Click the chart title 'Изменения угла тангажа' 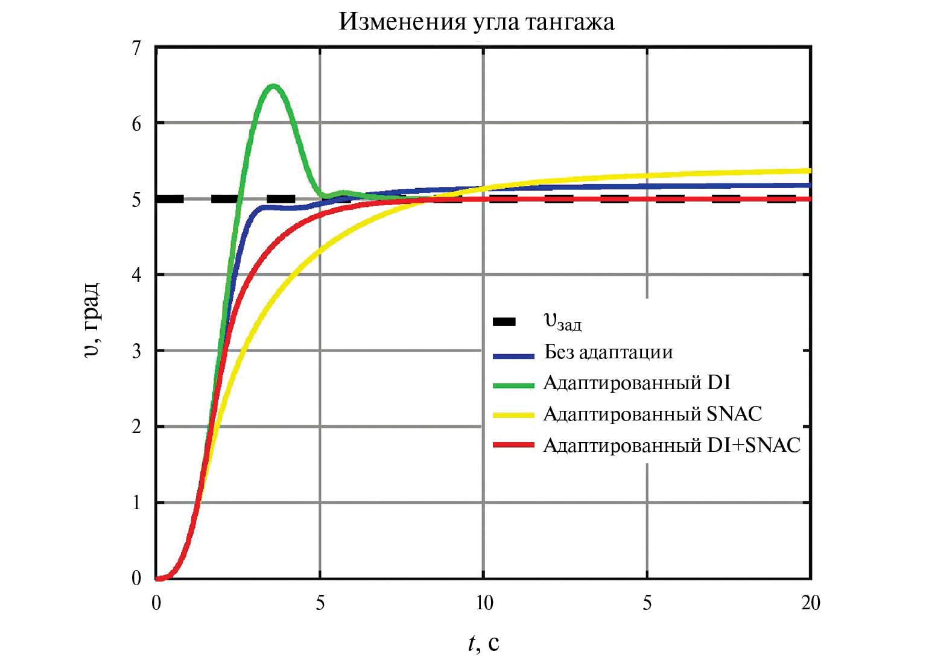pos(477,22)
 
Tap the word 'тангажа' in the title pos(569,22)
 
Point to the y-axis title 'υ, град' pos(91,320)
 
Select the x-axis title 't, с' pos(483,643)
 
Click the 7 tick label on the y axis pos(136,48)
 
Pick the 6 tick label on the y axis pos(136,124)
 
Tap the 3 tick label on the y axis pos(136,351)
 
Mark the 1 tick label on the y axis pos(136,503)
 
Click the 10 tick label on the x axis pos(484,603)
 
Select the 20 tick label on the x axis pos(810,603)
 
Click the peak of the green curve pos(273,86)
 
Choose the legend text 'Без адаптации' pos(608,352)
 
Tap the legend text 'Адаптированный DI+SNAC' pos(671,445)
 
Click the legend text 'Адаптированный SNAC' pos(653,414)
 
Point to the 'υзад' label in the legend pos(562,322)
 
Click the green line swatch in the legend pos(513,385)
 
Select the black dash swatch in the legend pos(504,322)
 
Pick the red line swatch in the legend pos(513,445)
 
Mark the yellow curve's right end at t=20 pos(809,171)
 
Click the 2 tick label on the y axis pos(136,427)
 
